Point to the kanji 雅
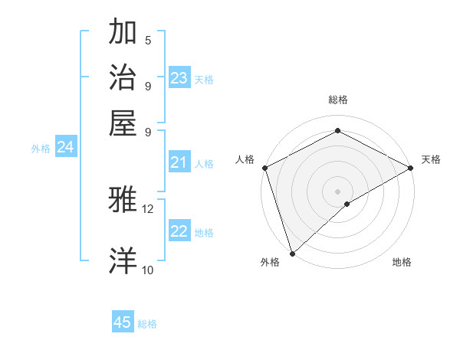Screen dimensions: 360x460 coord(124,200)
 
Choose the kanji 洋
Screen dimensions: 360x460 coord(124,260)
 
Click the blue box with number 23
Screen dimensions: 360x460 coord(179,78)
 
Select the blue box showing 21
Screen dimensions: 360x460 coord(179,162)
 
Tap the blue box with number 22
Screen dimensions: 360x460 coord(179,232)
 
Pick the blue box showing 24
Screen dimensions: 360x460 coord(65,148)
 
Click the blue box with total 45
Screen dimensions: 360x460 coord(123,322)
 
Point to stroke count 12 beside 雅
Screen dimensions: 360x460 coord(147,208)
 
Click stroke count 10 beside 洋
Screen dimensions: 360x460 coord(147,270)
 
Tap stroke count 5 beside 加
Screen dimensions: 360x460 coord(148,41)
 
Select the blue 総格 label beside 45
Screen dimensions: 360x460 coord(147,324)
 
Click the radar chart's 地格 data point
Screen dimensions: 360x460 coord(347,204)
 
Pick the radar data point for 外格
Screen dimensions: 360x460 coord(292,253)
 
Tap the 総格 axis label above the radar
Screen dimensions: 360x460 coord(337,100)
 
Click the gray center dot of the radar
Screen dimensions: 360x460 coord(337,191)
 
